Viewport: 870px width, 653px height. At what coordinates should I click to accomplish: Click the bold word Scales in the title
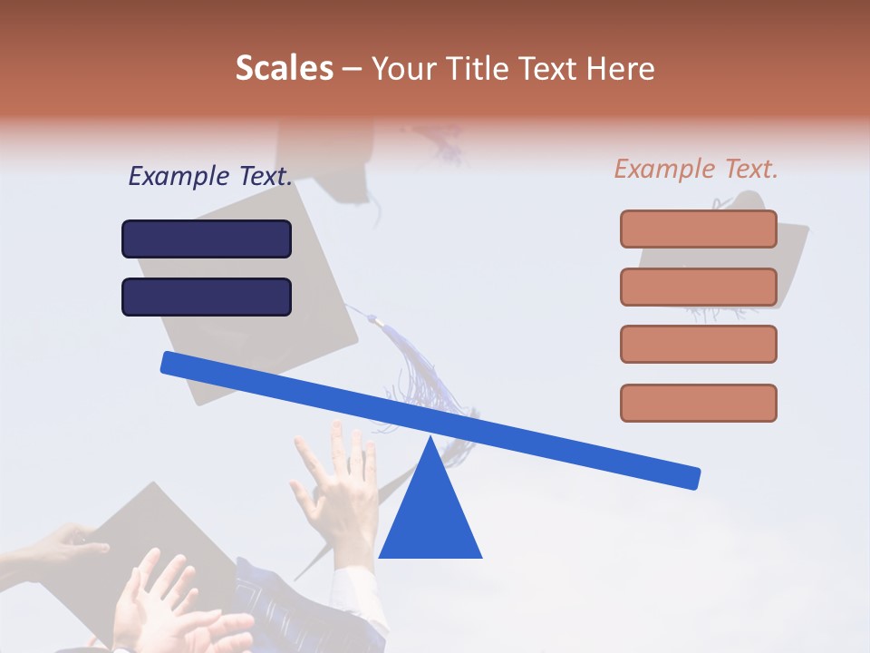coord(284,68)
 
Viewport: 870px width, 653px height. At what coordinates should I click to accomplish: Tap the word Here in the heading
coord(621,68)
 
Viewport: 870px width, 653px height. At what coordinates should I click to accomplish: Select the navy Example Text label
coord(210,176)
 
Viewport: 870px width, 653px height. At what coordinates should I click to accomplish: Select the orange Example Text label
coord(696,169)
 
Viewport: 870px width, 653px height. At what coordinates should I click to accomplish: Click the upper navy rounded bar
coord(207,239)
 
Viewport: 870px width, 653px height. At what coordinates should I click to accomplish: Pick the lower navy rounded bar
coord(207,297)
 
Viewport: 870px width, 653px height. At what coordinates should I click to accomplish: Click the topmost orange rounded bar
coord(698,229)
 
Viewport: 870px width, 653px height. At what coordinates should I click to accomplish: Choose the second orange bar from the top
coord(698,287)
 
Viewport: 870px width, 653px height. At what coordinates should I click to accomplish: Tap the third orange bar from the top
coord(698,344)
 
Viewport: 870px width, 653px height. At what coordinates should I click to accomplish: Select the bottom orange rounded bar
coord(698,403)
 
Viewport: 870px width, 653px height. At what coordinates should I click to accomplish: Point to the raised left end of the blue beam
coord(172,363)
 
